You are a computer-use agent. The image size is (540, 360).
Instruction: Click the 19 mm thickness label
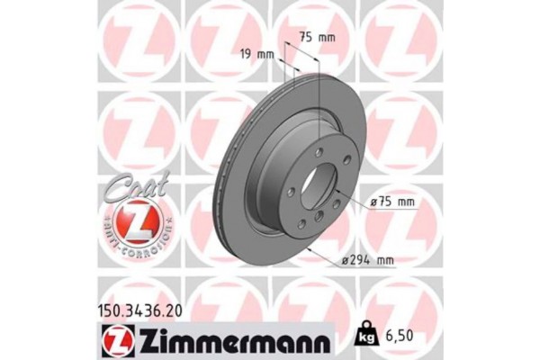click(x=257, y=54)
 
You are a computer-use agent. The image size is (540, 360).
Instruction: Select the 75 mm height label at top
click(x=316, y=38)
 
